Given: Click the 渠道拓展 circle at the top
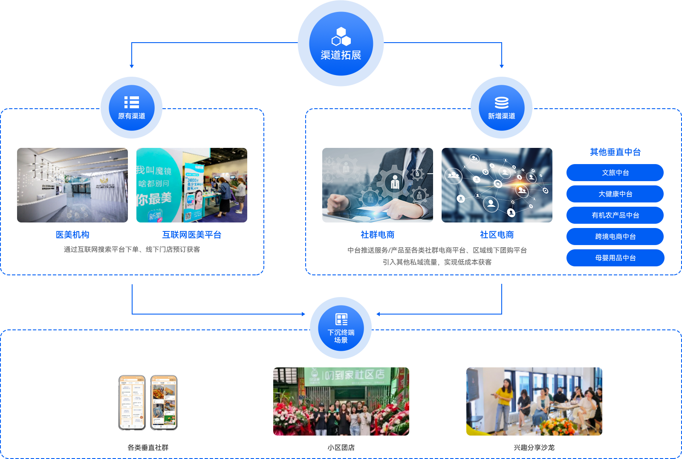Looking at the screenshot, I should (x=341, y=44).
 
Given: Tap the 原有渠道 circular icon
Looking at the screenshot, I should (x=132, y=108).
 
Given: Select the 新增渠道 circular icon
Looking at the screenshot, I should (x=502, y=108).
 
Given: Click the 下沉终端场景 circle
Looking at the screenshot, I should (x=341, y=328).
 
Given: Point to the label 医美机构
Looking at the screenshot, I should (x=72, y=234).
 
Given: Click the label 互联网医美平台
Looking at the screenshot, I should (x=192, y=234).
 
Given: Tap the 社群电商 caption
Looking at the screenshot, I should (x=378, y=234).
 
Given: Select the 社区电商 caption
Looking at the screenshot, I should (x=497, y=234).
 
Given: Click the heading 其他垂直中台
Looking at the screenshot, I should (x=615, y=152).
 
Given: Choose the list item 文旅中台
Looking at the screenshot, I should (x=615, y=173).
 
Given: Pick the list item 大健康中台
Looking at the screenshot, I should (x=615, y=194).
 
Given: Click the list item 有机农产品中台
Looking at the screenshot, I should (x=615, y=215).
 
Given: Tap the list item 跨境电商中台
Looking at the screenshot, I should (x=615, y=237).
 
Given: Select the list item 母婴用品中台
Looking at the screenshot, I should (x=615, y=258).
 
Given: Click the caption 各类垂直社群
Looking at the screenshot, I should (x=148, y=447).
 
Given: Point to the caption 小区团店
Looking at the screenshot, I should (x=341, y=447).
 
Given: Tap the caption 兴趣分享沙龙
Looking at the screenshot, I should (x=534, y=447).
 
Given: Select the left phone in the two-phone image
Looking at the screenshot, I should (x=132, y=403).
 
